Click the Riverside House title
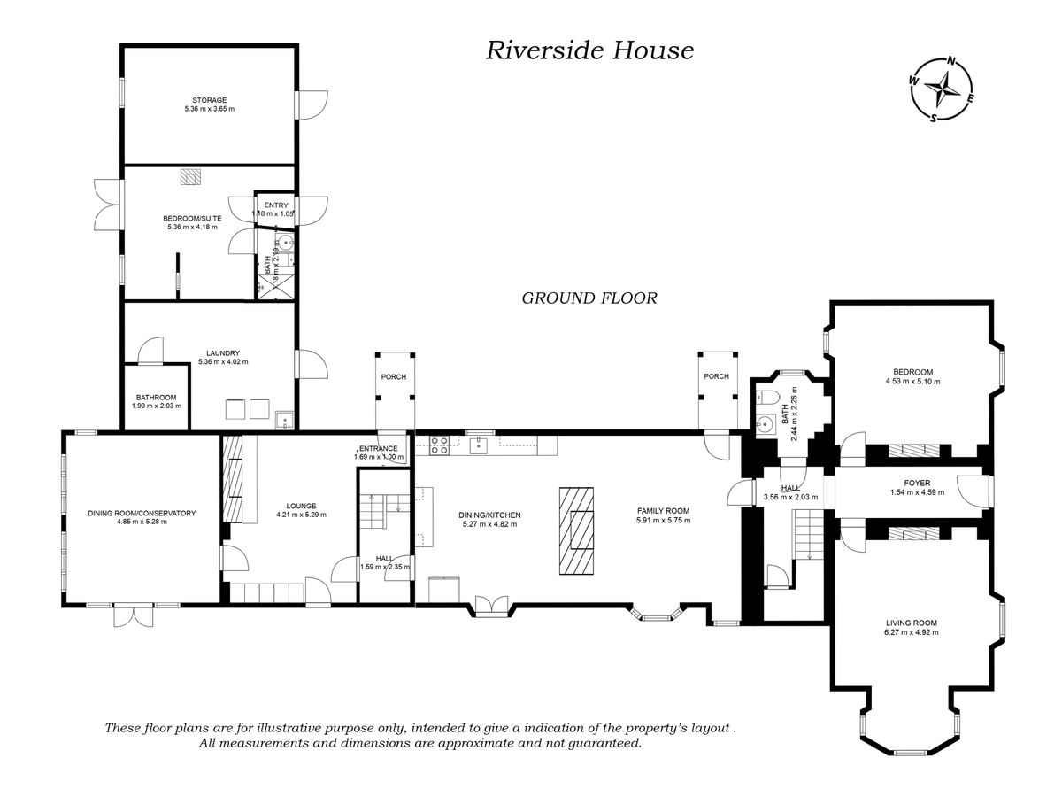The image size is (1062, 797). pos(589,50)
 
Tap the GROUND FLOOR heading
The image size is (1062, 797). pos(589,298)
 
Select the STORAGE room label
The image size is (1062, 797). pos(209,100)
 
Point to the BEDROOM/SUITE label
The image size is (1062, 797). pos(192,217)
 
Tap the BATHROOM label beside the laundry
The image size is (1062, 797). pos(157,397)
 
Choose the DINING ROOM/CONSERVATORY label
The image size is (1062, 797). pos(142,513)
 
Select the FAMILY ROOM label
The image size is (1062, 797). pos(663,511)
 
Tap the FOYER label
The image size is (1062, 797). pos(911,482)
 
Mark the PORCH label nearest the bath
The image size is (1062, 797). pos(716,376)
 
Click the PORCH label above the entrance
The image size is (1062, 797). pos(394,377)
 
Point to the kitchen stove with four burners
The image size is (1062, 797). pos(438,445)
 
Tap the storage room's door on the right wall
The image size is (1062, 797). pos(310,105)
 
